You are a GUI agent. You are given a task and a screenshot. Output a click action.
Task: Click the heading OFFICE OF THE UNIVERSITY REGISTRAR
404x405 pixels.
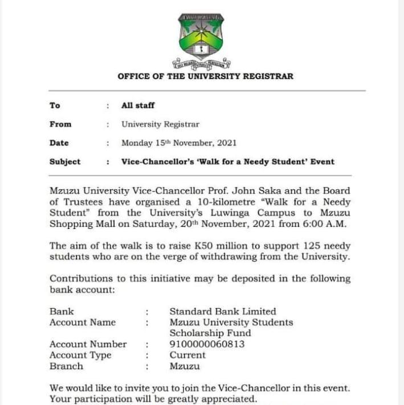coord(205,76)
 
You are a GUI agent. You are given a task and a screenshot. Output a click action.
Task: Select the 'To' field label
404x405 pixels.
coord(55,105)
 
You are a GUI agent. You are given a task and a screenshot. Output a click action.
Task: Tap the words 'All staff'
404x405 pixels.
coord(138,105)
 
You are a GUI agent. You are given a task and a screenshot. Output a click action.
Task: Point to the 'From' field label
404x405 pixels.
coord(60,124)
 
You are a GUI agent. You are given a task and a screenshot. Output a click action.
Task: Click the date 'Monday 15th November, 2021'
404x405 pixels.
coord(178,143)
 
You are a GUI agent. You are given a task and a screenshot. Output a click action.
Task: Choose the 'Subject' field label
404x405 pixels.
coord(65,162)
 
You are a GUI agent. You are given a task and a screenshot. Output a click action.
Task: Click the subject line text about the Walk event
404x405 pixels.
coord(227,162)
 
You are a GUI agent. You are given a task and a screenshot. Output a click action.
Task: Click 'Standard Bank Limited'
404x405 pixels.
coord(222,312)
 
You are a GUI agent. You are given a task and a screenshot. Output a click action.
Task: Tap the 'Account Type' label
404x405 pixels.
coord(80,355)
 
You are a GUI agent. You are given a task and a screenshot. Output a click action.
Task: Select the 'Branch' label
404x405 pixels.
coord(66,366)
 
